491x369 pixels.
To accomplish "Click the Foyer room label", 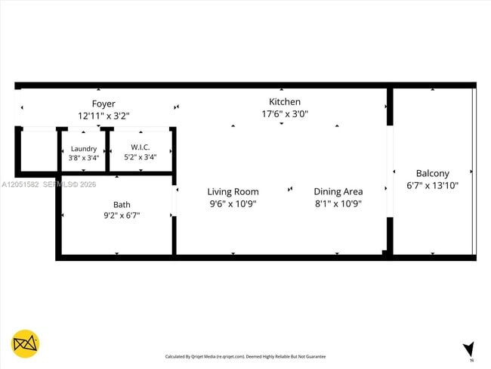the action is pos(103,104).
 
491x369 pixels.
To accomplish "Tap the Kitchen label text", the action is pos(285,101).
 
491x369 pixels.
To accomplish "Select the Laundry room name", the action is pos(84,149).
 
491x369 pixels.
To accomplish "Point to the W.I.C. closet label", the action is pos(140,147).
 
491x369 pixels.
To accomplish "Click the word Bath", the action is pos(122,205).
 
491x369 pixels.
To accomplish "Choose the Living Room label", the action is pos(233,192).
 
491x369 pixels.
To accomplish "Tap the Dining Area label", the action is pos(338,191).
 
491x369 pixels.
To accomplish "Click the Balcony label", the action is pos(432,173).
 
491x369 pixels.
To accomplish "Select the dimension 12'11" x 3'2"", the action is pos(103,116).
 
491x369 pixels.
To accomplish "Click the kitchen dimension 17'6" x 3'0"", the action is pos(285,113).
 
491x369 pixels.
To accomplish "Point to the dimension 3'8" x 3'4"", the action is pos(84,158).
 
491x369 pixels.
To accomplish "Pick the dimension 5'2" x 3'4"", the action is pos(140,157).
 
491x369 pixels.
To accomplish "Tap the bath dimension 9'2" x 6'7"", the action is pos(122,216).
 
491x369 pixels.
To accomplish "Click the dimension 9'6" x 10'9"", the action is pos(233,203).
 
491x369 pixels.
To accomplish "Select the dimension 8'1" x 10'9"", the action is pos(338,203).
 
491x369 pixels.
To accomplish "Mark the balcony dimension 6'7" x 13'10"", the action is pos(432,185).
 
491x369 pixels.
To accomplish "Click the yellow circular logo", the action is pos(26,343).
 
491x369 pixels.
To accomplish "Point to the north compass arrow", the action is pos(469,349).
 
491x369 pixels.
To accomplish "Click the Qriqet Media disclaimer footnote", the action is pos(246,356).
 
